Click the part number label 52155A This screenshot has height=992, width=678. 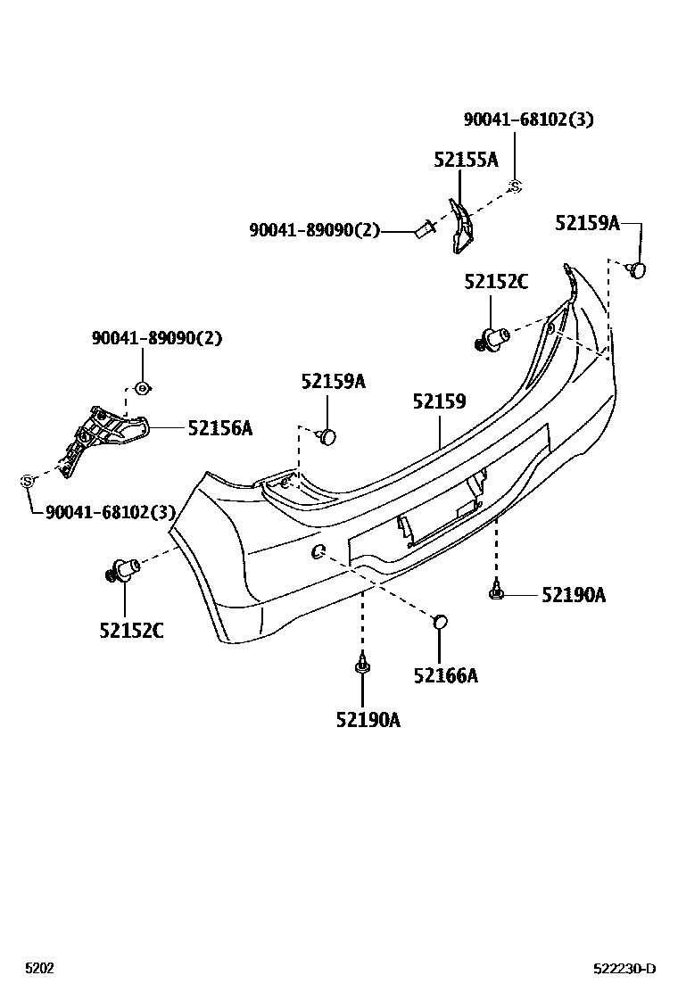click(466, 160)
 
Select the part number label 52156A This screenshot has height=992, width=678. click(219, 429)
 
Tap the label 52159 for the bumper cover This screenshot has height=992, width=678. click(439, 402)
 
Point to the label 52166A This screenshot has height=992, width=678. click(445, 675)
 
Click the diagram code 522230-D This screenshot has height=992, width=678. click(625, 969)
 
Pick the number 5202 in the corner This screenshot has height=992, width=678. click(39, 969)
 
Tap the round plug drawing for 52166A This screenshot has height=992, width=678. click(439, 622)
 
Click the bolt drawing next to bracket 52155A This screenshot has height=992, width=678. click(423, 230)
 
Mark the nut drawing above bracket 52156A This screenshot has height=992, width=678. click(142, 387)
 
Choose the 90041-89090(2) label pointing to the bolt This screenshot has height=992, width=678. click(314, 231)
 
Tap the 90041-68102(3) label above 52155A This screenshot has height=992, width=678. click(528, 120)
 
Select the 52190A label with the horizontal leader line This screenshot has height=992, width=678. click(573, 595)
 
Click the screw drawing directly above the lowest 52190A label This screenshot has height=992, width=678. click(362, 665)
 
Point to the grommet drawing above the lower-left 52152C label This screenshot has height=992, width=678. click(122, 567)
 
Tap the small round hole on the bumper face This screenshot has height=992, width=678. click(318, 551)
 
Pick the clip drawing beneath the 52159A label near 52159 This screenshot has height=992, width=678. click(327, 436)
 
